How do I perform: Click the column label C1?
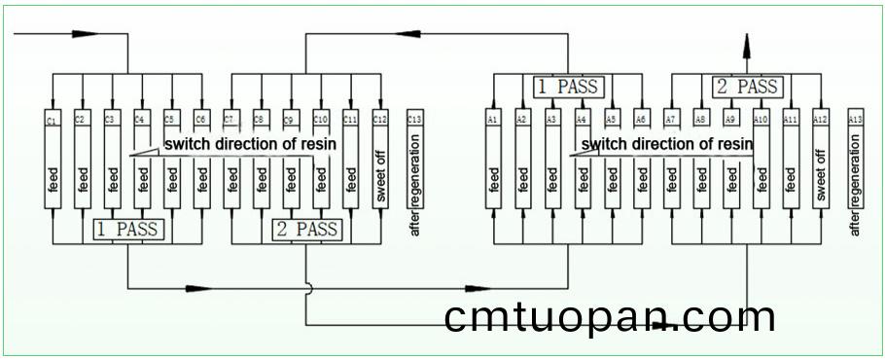click(53, 120)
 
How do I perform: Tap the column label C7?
click(231, 120)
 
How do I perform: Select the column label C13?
click(415, 120)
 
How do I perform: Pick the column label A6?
click(642, 119)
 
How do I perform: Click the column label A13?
click(855, 119)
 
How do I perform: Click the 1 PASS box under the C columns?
click(128, 231)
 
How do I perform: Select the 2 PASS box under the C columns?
click(306, 231)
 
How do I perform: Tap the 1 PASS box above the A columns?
click(569, 88)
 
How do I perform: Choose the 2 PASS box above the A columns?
click(747, 88)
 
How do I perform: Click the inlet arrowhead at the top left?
click(80, 34)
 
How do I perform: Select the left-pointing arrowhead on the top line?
click(415, 34)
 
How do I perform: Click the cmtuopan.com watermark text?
click(610, 318)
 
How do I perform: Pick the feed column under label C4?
click(143, 175)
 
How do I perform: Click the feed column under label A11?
click(791, 175)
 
